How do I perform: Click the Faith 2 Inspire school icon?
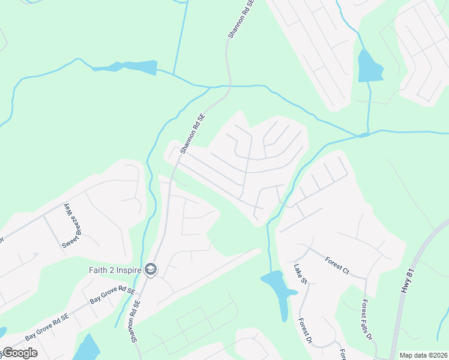pos(150,270)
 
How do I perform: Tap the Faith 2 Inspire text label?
pos(116,270)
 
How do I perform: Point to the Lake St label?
pos(300,273)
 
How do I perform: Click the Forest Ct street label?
pos(337,265)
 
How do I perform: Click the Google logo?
pos(19,353)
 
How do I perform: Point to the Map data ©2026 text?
pos(423,355)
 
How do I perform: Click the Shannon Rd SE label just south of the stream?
pos(192,133)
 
